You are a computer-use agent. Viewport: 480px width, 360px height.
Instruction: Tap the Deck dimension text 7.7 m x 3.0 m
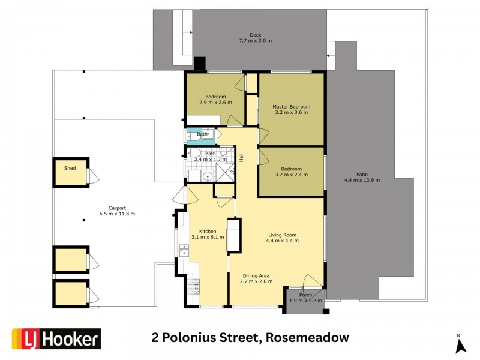[x=256, y=41]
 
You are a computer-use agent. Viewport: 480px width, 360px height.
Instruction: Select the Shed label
[x=70, y=169]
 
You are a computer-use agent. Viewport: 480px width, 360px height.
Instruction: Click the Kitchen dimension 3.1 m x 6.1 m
[x=208, y=237]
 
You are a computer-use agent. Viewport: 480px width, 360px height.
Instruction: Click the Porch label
[x=305, y=295]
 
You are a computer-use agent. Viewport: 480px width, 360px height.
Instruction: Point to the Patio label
[x=362, y=174]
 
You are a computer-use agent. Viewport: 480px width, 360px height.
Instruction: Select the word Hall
[x=241, y=158]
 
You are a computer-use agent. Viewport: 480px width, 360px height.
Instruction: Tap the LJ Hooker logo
[x=56, y=339]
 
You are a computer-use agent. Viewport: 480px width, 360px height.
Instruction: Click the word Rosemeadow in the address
[x=306, y=338]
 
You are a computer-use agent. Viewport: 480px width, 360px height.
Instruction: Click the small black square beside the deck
[x=200, y=62]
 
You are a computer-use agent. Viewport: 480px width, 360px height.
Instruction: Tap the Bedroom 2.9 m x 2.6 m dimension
[x=215, y=103]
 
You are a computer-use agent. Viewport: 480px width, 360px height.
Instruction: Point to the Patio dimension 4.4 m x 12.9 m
[x=362, y=180]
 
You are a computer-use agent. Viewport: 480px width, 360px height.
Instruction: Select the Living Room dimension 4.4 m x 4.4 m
[x=282, y=241]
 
